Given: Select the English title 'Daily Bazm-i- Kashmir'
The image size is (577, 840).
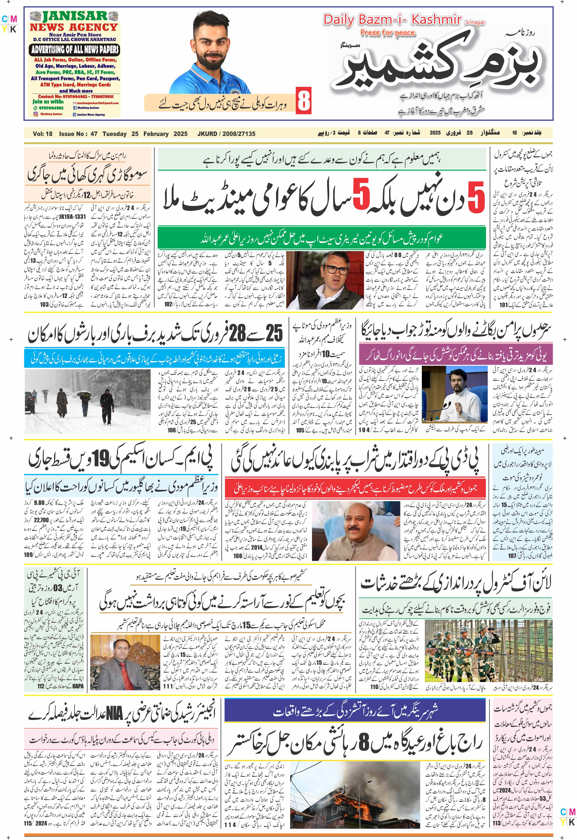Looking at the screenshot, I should click(x=392, y=20).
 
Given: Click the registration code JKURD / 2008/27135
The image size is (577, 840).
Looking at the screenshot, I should click(x=226, y=134).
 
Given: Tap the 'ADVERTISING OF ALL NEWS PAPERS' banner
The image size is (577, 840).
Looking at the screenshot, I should click(x=75, y=50).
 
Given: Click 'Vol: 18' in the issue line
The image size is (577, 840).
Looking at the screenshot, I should click(x=43, y=134).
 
